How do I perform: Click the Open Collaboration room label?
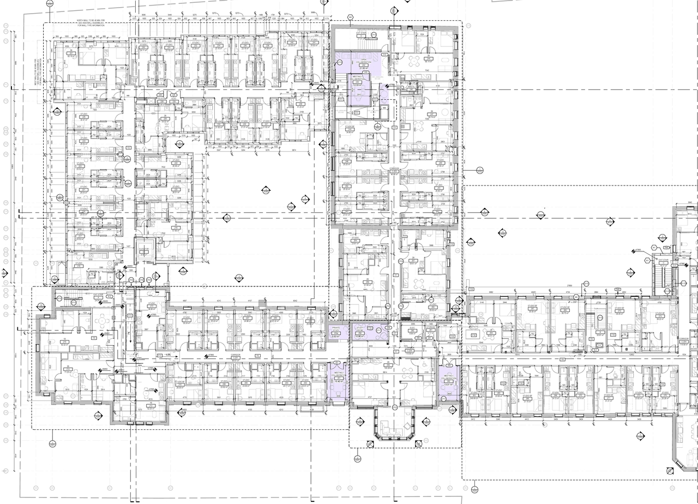[x=361, y=61]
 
